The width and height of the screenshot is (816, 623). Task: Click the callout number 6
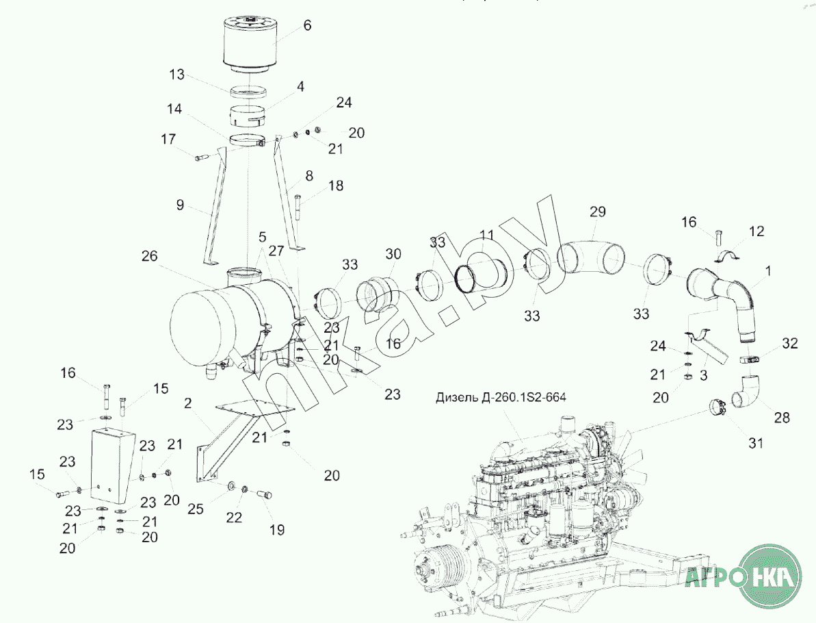[x=307, y=25]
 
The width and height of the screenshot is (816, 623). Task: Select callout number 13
[x=177, y=75]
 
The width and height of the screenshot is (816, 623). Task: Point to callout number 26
[x=149, y=256]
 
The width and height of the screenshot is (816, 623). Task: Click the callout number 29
[x=598, y=212]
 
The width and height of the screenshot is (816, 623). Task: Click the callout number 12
[x=756, y=231]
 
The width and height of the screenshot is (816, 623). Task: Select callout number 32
[x=789, y=343]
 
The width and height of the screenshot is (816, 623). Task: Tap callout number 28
[x=782, y=417]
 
